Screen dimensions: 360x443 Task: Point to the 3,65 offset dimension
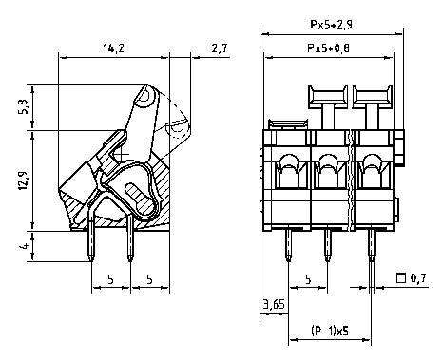(272, 305)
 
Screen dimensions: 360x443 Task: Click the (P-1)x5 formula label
(327, 332)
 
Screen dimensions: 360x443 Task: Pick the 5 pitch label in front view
(308, 279)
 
